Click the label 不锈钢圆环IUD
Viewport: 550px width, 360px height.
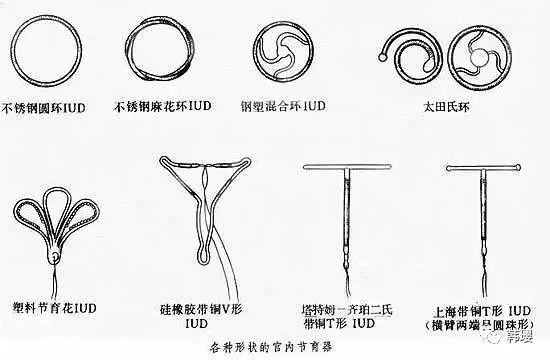coord(48,103)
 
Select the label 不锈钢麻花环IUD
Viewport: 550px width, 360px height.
coord(164,103)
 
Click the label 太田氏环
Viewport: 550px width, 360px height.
coord(434,102)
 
